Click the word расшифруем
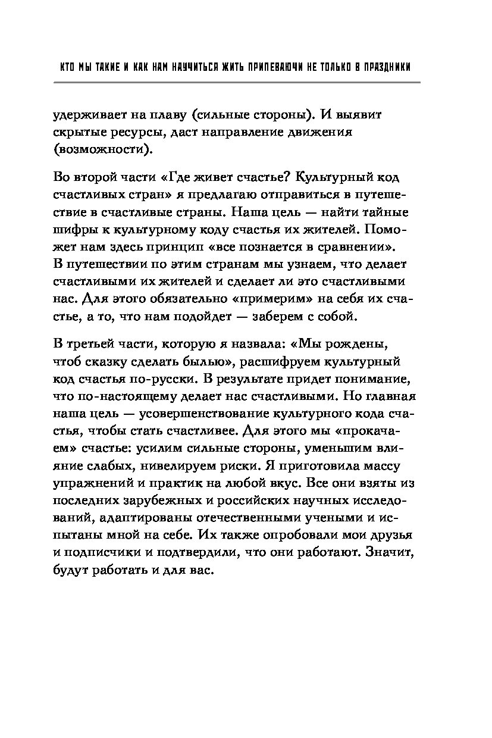(x=289, y=362)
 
